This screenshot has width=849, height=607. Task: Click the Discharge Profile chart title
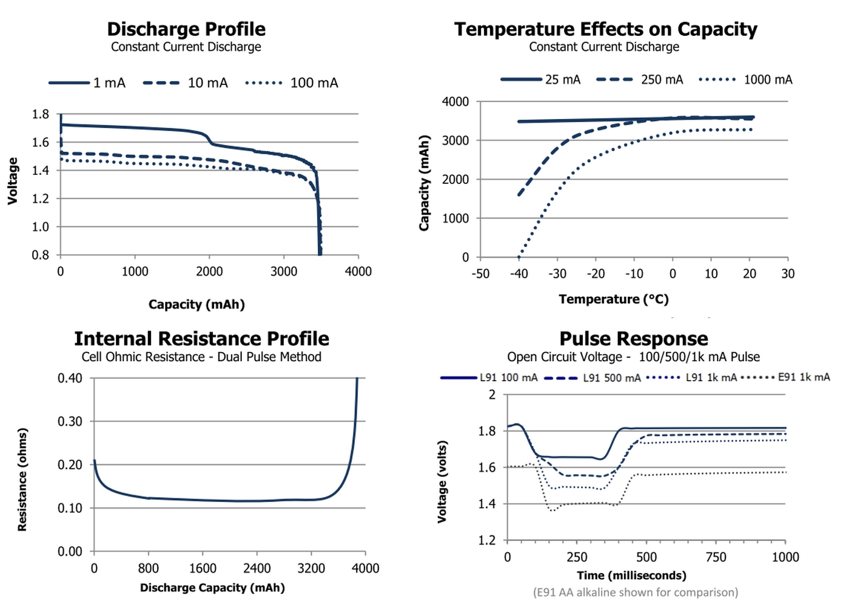click(186, 29)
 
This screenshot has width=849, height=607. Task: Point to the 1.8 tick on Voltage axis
click(41, 114)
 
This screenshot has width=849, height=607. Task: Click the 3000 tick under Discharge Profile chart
click(284, 271)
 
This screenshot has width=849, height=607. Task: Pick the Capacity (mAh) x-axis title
click(196, 305)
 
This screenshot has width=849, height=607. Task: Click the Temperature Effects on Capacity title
click(606, 29)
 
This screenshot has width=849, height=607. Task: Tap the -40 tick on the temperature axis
click(518, 274)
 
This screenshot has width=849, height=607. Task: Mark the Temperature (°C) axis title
click(614, 299)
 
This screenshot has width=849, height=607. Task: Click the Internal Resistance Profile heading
click(201, 339)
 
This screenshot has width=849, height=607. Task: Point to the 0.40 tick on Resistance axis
click(70, 378)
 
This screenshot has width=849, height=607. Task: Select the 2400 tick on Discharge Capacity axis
click(257, 568)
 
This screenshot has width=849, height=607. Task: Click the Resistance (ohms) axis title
click(22, 480)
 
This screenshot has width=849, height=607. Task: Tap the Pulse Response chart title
click(634, 339)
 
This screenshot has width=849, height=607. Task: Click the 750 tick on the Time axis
click(716, 557)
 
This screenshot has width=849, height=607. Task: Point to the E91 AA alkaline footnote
click(636, 592)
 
